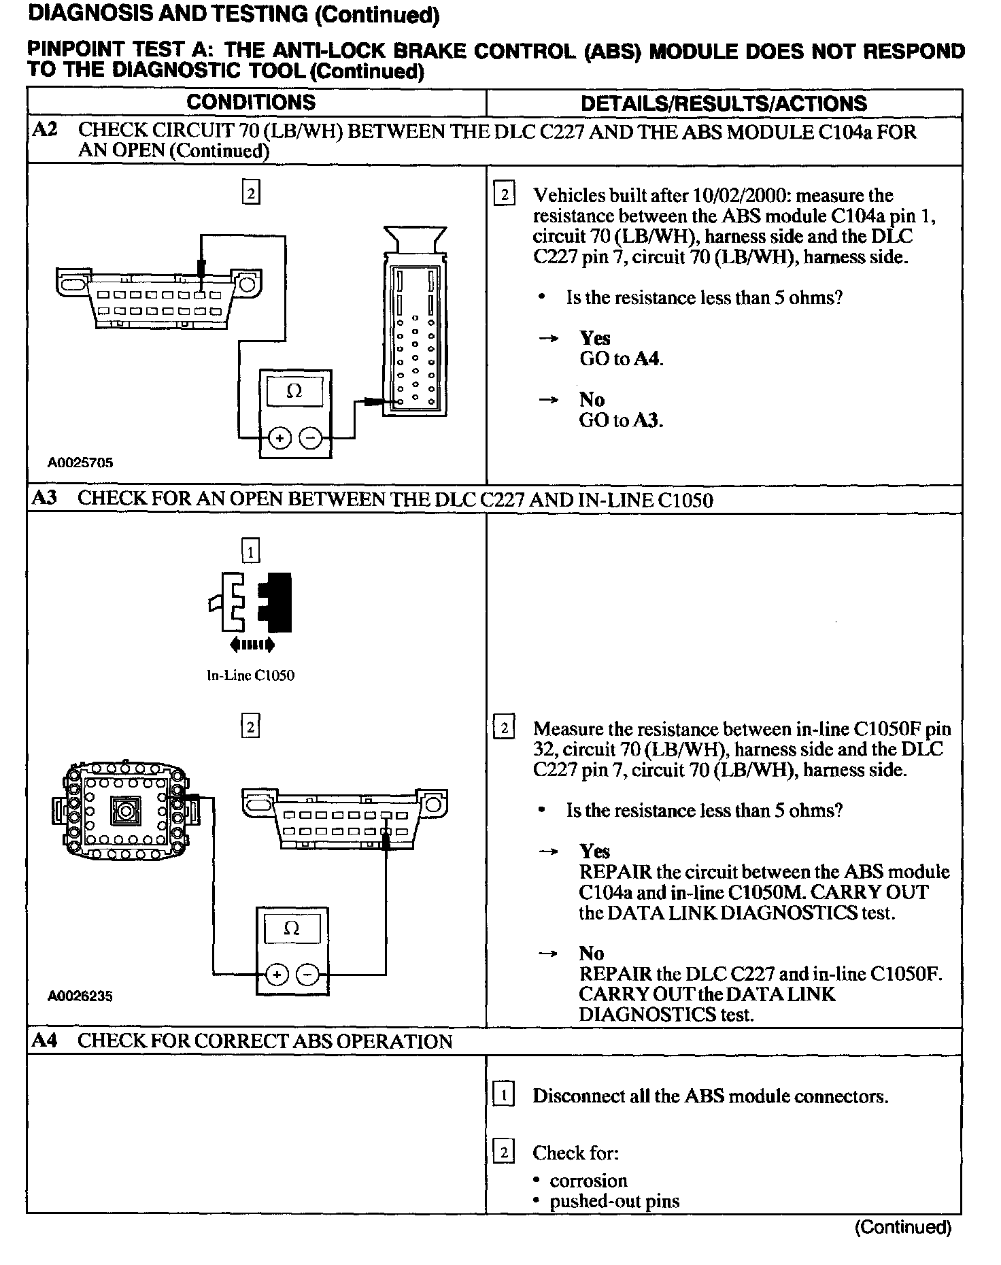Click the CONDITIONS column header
point(251,103)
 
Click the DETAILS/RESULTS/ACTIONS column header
point(724,103)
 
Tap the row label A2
point(45,131)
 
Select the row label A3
point(45,499)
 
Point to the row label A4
point(45,1041)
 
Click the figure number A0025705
point(80,463)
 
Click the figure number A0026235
point(80,996)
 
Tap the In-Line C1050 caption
point(250,676)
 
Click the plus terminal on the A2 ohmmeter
point(279,439)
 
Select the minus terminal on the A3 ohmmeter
point(307,975)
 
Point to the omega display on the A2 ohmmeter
point(294,392)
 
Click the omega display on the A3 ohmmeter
point(291,928)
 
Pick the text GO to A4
point(621,359)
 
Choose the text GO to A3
point(621,420)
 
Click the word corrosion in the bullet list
point(588,1181)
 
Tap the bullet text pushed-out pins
point(614,1201)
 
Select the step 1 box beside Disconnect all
point(503,1096)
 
